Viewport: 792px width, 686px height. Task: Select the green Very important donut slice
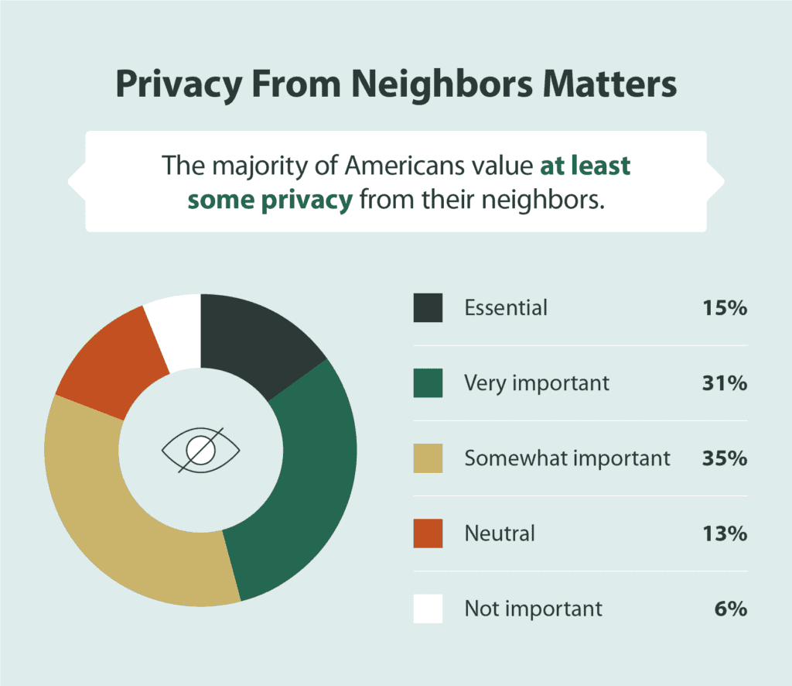click(309, 480)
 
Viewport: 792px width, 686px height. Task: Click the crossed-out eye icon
click(200, 449)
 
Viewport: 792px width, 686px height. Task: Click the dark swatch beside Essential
click(428, 307)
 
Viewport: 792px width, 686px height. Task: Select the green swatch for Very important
click(428, 382)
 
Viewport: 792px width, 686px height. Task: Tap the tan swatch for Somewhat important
click(428, 458)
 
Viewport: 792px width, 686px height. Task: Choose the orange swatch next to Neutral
click(428, 533)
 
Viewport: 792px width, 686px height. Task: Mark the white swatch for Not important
click(428, 608)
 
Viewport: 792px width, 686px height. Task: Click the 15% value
click(725, 307)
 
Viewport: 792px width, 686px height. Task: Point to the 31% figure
click(725, 382)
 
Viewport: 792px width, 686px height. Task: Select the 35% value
click(725, 458)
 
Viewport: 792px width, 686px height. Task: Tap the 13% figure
click(725, 533)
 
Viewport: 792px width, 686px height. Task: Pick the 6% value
click(731, 608)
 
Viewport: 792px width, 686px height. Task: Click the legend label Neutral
click(500, 533)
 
